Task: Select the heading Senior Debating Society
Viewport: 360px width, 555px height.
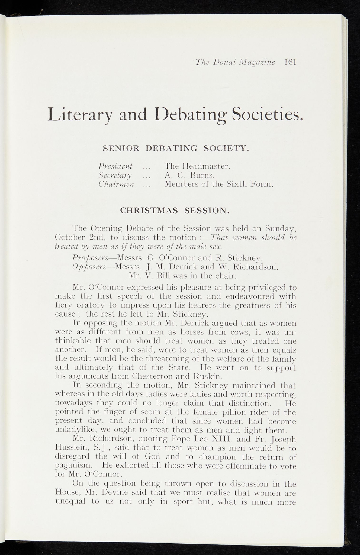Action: click(176, 148)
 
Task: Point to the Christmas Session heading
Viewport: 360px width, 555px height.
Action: click(175, 211)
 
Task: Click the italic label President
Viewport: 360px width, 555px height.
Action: click(115, 166)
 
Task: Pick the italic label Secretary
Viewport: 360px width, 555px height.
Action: click(115, 175)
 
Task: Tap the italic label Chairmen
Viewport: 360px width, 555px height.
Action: click(116, 185)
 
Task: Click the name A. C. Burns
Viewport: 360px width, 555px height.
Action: click(189, 175)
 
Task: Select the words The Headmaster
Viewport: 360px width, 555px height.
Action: click(197, 166)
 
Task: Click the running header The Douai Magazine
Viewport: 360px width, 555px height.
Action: click(235, 62)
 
